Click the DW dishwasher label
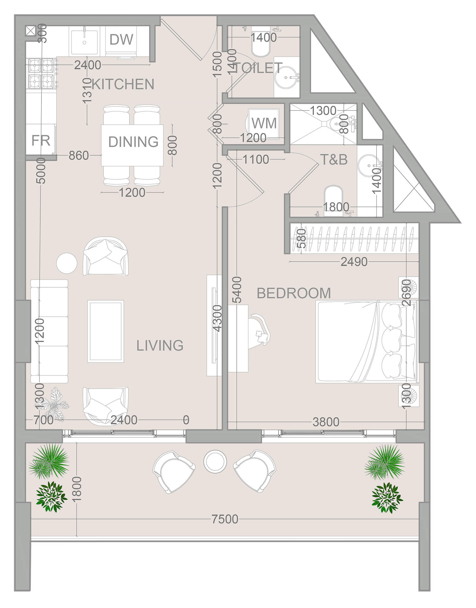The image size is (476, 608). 121,40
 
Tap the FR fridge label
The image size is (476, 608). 41,140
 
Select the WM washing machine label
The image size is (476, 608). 264,123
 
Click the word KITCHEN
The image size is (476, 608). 123,84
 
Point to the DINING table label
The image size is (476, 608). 133,142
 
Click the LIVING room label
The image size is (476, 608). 160,345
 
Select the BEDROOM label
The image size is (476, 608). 294,293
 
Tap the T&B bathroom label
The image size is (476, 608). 334,160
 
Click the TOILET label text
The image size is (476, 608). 258,68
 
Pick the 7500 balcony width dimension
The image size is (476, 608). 225,519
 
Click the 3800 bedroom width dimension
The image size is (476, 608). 326,422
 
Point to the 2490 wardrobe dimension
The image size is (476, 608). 354,262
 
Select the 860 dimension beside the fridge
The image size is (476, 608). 78,155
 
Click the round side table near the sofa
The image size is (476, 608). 66,263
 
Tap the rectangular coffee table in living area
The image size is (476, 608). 105,331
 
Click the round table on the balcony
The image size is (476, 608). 215,461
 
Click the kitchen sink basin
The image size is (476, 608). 84,41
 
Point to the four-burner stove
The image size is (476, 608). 41,73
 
